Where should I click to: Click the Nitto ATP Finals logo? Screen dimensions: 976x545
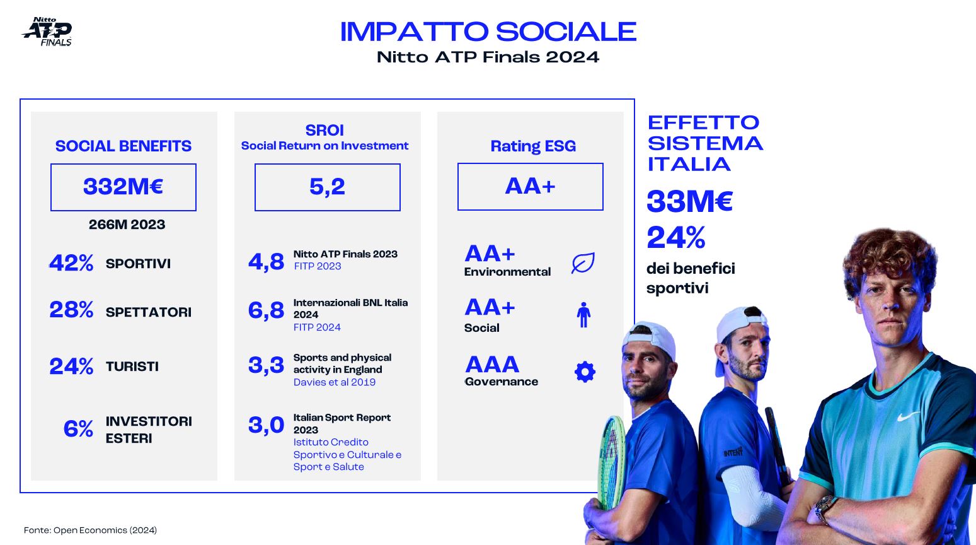point(47,32)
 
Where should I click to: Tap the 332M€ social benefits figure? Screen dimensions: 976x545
point(123,187)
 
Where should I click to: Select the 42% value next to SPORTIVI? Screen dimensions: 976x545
point(71,263)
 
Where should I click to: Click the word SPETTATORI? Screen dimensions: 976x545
point(149,312)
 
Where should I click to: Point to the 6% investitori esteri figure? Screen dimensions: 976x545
point(78,428)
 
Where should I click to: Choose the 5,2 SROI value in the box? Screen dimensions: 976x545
point(327,187)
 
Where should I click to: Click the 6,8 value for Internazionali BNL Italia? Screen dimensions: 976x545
point(266,310)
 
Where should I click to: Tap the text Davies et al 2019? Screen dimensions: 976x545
point(334,382)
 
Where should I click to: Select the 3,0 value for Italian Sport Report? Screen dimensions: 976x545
point(266,425)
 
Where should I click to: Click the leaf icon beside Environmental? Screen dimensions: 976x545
point(583,262)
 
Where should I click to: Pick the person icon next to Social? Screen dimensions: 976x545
point(583,315)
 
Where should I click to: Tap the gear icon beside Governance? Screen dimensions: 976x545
point(585,372)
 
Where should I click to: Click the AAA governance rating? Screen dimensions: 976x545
point(492,365)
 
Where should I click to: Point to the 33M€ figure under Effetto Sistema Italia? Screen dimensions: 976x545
point(689,202)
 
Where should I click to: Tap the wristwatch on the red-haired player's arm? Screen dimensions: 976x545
point(824,508)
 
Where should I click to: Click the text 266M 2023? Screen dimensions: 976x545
point(127,225)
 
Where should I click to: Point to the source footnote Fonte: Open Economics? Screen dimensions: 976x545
point(90,530)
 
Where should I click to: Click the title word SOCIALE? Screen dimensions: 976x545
point(566,32)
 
